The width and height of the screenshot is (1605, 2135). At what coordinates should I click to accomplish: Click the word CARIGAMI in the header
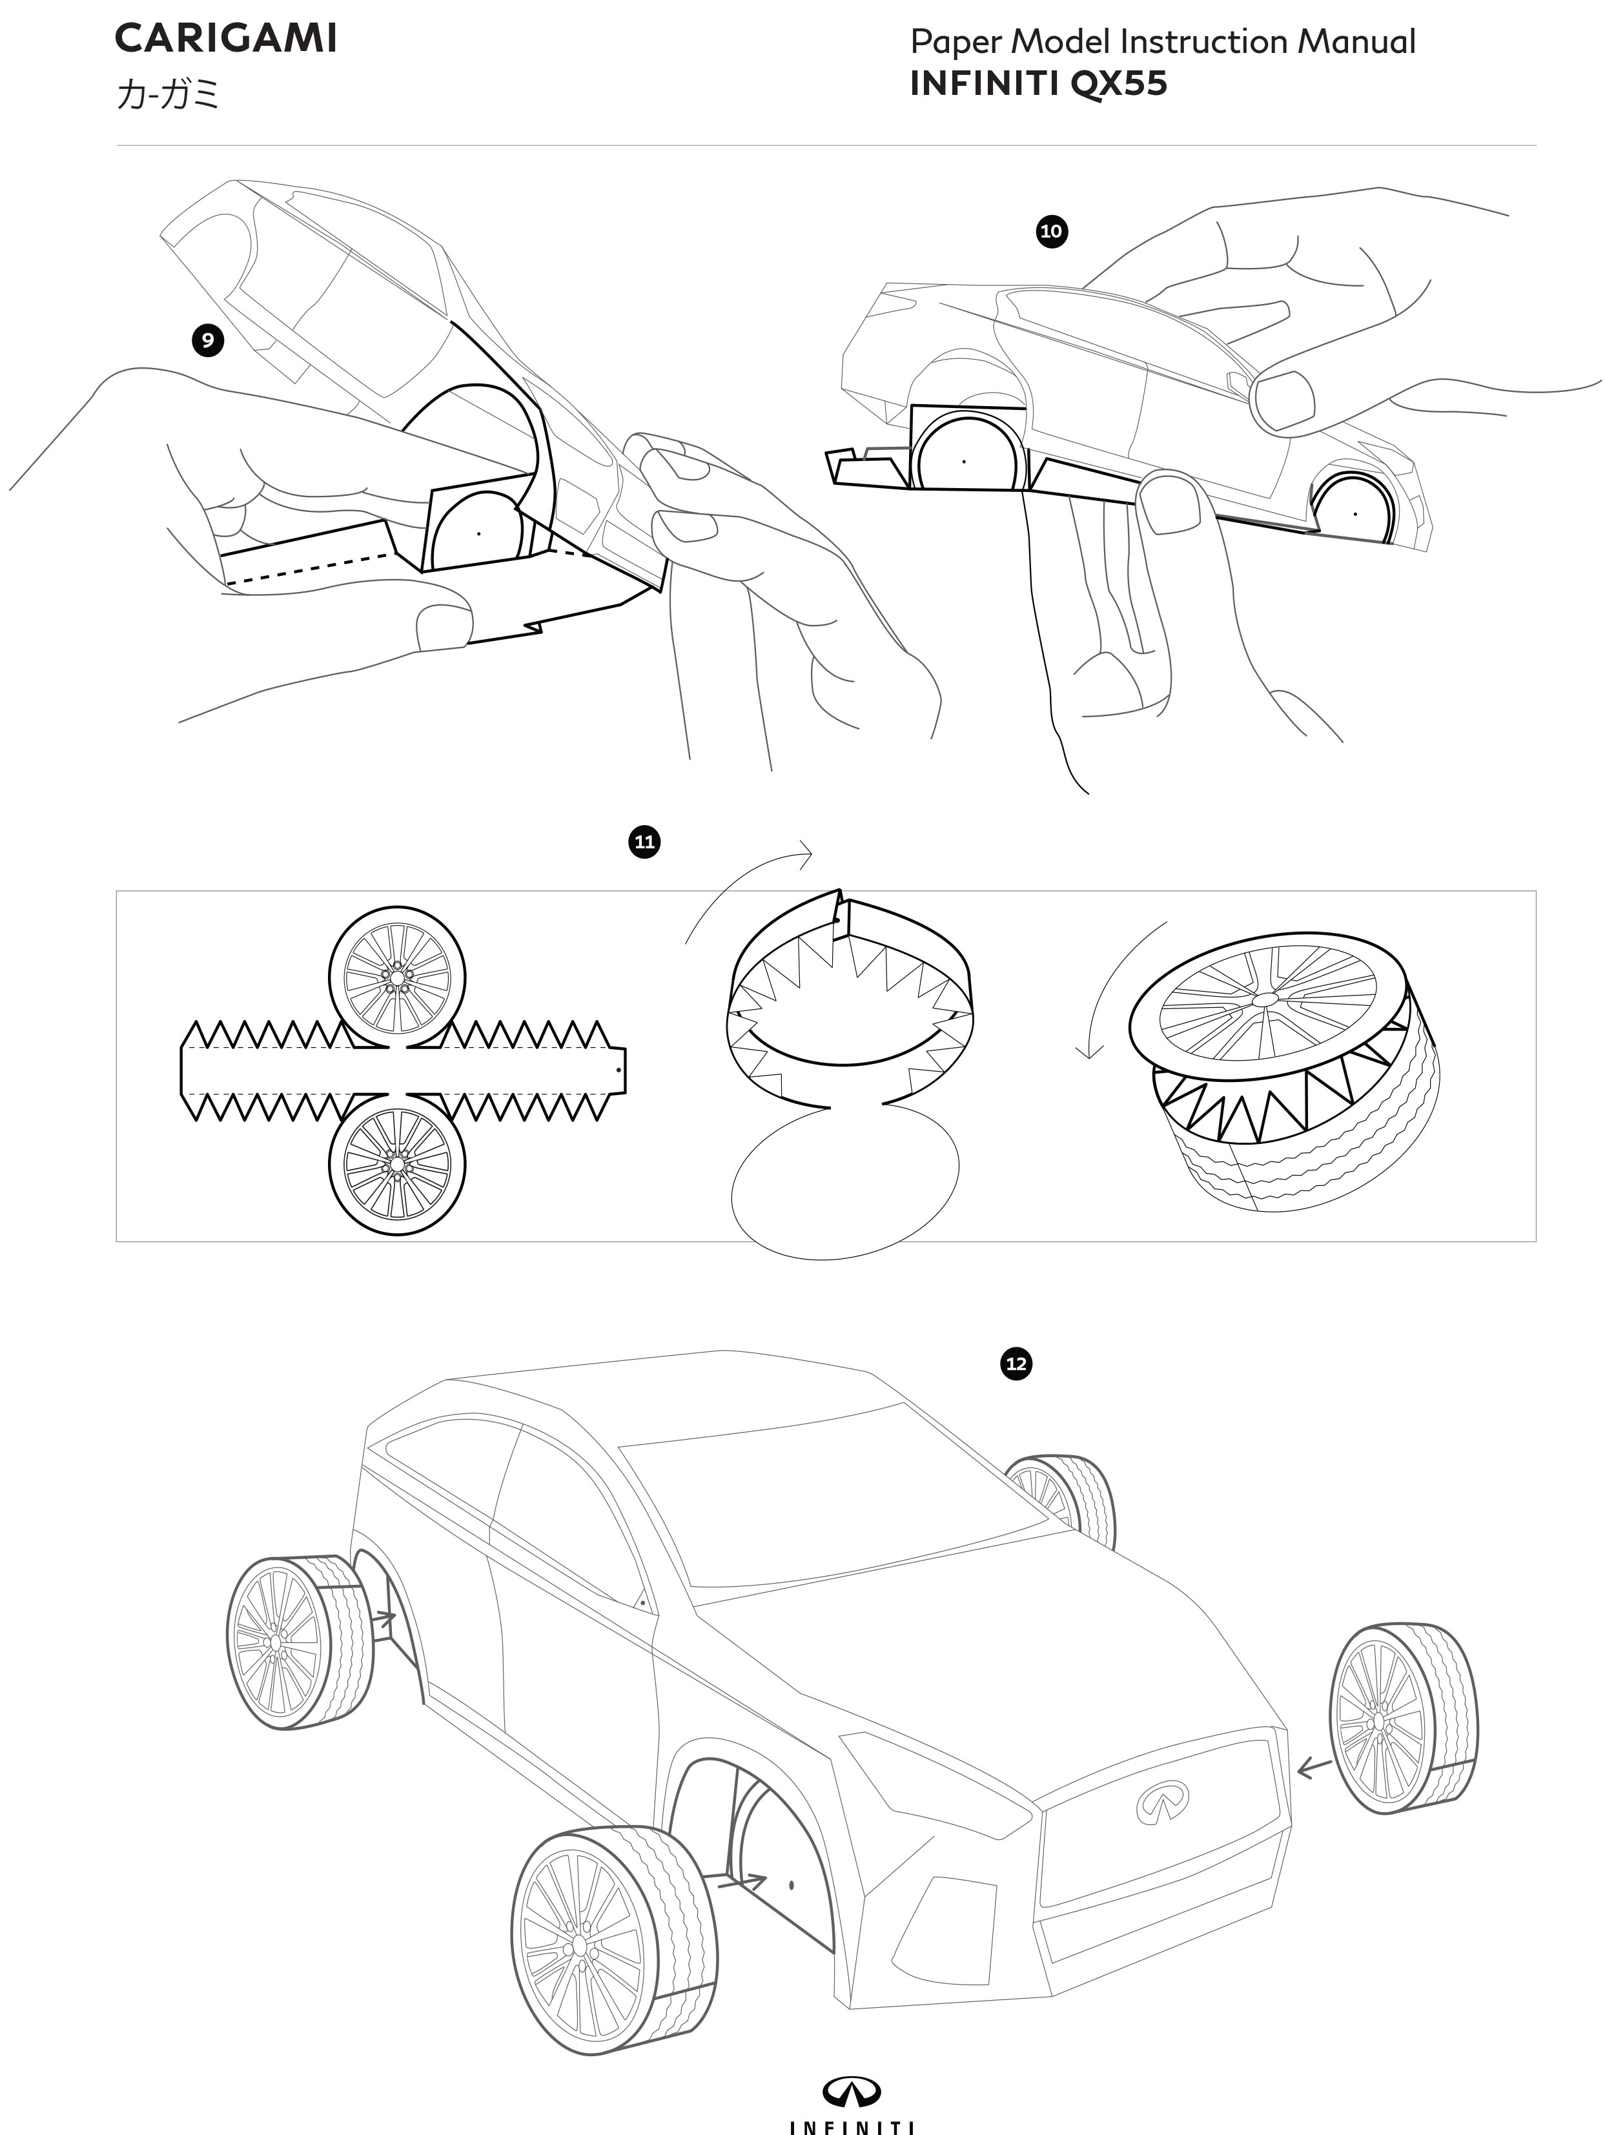click(226, 39)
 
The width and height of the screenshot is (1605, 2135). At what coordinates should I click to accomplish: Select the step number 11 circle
click(644, 842)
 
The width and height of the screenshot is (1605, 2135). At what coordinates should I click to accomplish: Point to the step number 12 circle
click(1016, 1364)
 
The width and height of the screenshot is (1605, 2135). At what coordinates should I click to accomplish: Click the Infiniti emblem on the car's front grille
click(1161, 1803)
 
